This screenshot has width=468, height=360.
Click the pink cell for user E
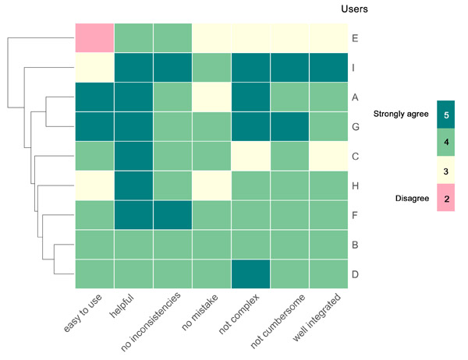94,37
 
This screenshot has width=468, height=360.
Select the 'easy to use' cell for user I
94,67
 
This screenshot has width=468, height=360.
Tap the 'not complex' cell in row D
250,274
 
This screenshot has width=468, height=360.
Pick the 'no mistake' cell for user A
211,97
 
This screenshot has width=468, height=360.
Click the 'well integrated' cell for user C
328,156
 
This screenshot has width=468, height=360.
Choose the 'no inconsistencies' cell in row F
172,215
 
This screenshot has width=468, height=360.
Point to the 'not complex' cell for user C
250,156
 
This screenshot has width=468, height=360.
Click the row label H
356,185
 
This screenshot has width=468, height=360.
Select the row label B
356,245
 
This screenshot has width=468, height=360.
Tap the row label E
356,37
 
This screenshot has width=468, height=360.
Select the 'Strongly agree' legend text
400,114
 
